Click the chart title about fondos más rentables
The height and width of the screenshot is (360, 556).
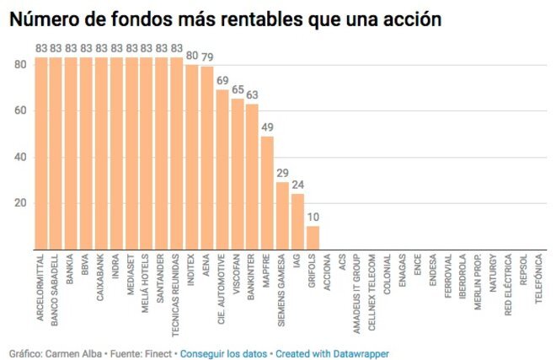coord(225,19)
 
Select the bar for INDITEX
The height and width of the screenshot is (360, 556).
coord(192,157)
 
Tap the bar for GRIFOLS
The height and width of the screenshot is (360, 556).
coord(313,237)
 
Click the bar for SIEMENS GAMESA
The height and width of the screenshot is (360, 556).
coord(282,215)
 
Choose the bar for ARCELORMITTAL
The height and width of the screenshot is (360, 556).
coord(40,153)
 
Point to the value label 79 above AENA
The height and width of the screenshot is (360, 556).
coord(207,57)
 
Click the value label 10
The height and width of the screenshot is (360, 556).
coord(313,217)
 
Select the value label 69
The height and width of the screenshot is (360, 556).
coord(222,80)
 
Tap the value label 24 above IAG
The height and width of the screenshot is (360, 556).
coord(297,185)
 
